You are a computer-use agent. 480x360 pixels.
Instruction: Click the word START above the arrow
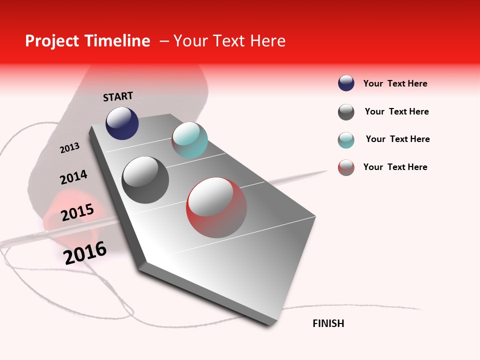(118, 96)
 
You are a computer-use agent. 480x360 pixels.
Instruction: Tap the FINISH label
(328, 323)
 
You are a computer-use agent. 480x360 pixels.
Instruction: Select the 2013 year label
(70, 147)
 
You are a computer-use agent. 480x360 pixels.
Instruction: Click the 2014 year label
(73, 177)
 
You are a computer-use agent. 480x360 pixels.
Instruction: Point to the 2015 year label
(77, 212)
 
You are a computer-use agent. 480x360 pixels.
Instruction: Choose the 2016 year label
(85, 253)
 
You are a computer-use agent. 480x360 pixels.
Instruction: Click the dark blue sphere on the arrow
(122, 123)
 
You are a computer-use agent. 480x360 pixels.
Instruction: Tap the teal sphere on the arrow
(189, 140)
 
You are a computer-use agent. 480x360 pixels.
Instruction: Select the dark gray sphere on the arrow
(145, 180)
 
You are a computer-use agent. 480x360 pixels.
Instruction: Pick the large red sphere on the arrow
(216, 207)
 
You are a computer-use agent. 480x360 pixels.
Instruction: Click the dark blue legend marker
(346, 83)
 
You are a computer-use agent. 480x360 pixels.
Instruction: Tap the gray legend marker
(346, 112)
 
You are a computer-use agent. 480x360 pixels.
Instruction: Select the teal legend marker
(346, 140)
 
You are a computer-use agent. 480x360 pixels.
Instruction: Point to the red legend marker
(346, 167)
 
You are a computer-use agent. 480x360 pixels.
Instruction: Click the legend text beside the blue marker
(395, 83)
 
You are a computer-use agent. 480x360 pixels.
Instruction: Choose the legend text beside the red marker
(395, 167)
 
